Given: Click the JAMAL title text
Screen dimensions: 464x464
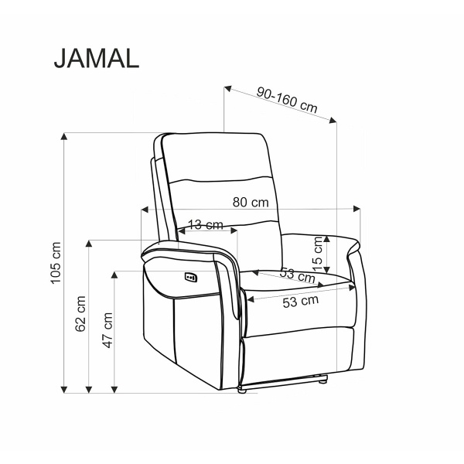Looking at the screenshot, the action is tap(97, 58).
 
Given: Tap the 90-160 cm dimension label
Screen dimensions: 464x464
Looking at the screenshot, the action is tap(287, 100).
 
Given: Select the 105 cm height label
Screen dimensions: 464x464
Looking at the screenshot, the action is tap(56, 263).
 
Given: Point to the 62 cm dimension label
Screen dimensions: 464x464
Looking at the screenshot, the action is tap(80, 314).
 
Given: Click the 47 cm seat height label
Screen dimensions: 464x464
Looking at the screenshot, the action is tap(107, 330).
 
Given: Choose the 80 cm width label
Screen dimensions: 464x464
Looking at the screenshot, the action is tap(251, 203).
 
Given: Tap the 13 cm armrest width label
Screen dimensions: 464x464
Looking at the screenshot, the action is tap(206, 225).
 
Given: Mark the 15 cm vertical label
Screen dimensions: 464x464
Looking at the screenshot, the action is tap(318, 254).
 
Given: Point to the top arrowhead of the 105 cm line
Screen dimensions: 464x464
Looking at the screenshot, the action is tap(64, 136).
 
